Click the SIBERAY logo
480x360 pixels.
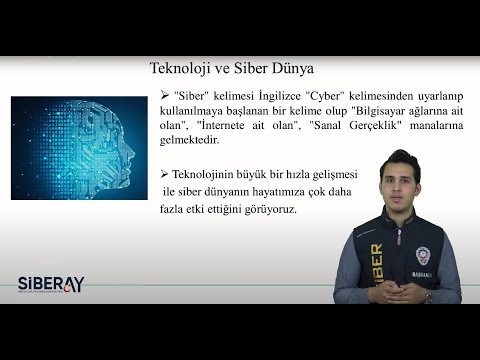click(50, 283)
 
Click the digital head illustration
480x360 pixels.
click(81, 147)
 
